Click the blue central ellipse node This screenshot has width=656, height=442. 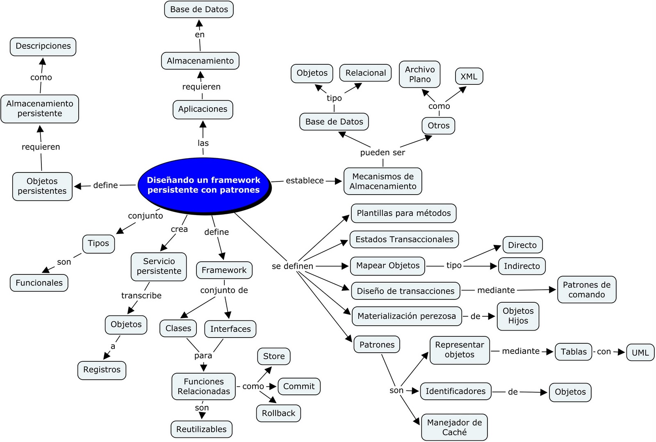click(x=204, y=185)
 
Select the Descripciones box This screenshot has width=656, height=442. click(x=43, y=46)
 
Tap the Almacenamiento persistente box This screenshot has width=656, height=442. click(x=40, y=109)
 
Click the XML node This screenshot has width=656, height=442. click(x=469, y=77)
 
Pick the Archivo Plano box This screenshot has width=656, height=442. click(x=420, y=75)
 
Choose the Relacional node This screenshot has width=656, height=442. click(x=365, y=73)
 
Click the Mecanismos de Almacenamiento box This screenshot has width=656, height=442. click(x=383, y=181)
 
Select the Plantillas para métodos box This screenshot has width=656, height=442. click(x=403, y=213)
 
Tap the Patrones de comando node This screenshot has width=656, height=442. click(x=586, y=290)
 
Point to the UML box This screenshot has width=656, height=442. click(x=640, y=353)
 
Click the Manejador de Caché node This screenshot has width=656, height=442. click(x=454, y=427)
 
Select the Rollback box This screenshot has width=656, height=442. click(x=278, y=413)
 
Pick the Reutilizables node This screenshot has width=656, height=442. click(x=201, y=429)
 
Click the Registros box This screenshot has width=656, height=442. click(x=102, y=370)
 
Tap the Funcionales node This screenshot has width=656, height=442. click(x=39, y=283)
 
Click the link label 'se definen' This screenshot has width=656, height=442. click(x=292, y=266)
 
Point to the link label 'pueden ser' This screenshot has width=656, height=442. click(x=383, y=153)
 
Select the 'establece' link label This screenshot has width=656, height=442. click(x=305, y=181)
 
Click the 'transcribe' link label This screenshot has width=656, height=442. click(x=141, y=296)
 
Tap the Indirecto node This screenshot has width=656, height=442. click(x=522, y=266)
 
